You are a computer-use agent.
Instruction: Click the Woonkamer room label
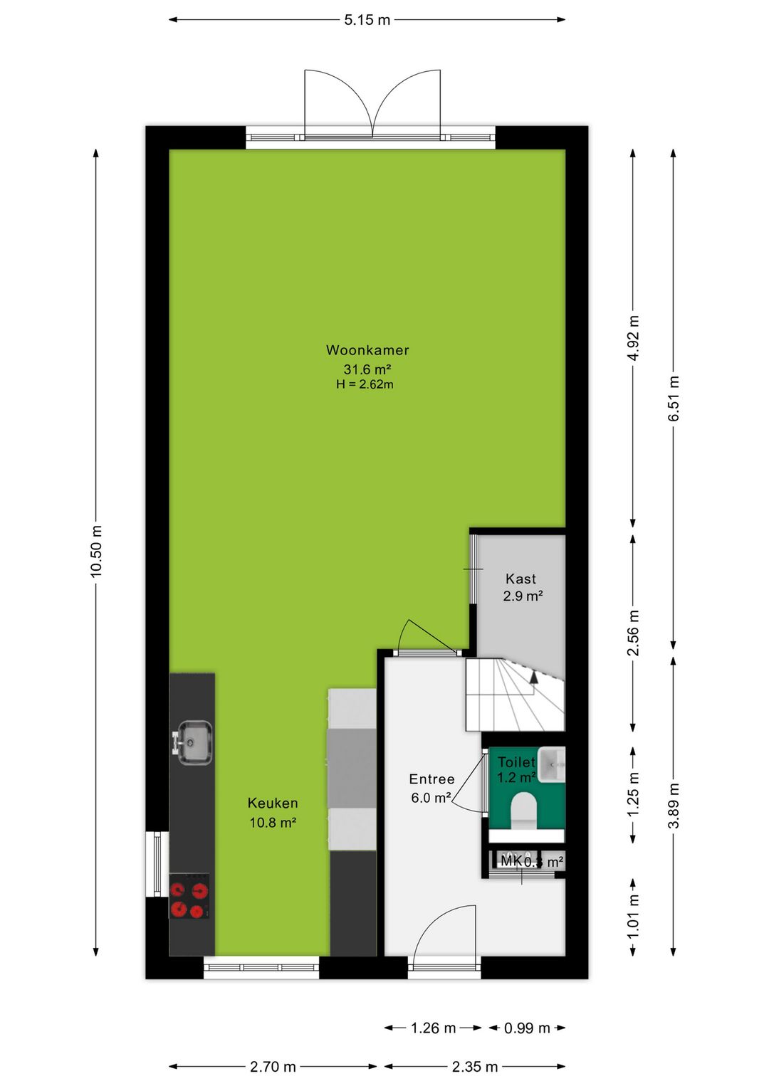pyautogui.click(x=367, y=350)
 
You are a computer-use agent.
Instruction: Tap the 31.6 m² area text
pyautogui.click(x=367, y=369)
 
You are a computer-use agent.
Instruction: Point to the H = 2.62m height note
pyautogui.click(x=365, y=384)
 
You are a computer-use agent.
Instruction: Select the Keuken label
pyautogui.click(x=273, y=803)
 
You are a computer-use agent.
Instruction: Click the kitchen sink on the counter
pyautogui.click(x=193, y=742)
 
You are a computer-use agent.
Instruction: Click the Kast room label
pyautogui.click(x=520, y=579)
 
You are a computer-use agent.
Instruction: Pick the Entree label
pyautogui.click(x=431, y=779)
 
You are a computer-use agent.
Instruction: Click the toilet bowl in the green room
pyautogui.click(x=524, y=810)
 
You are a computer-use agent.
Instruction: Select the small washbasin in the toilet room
pyautogui.click(x=552, y=764)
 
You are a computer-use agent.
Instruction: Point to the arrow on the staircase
pyautogui.click(x=533, y=676)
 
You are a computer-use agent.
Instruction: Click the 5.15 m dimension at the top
pyautogui.click(x=367, y=20)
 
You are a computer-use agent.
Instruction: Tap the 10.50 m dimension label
pyautogui.click(x=96, y=551)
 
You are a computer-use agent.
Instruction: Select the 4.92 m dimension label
pyautogui.click(x=633, y=338)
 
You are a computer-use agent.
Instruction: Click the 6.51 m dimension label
pyautogui.click(x=674, y=399)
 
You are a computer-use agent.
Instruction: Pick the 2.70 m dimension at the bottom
pyautogui.click(x=273, y=1067)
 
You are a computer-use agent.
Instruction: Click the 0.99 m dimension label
pyautogui.click(x=527, y=1028)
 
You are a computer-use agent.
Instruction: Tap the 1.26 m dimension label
pyautogui.click(x=433, y=1028)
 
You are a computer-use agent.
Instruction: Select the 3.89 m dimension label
pyautogui.click(x=674, y=806)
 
